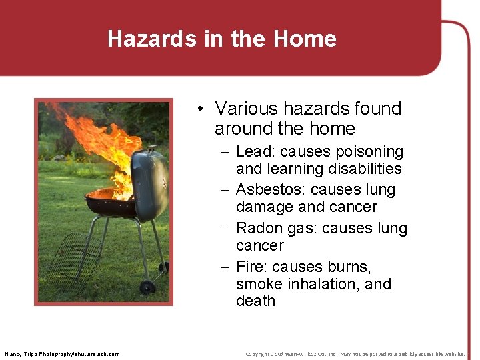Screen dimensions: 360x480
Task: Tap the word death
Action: click(255, 301)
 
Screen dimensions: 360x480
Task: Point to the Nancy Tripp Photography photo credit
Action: click(62, 353)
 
